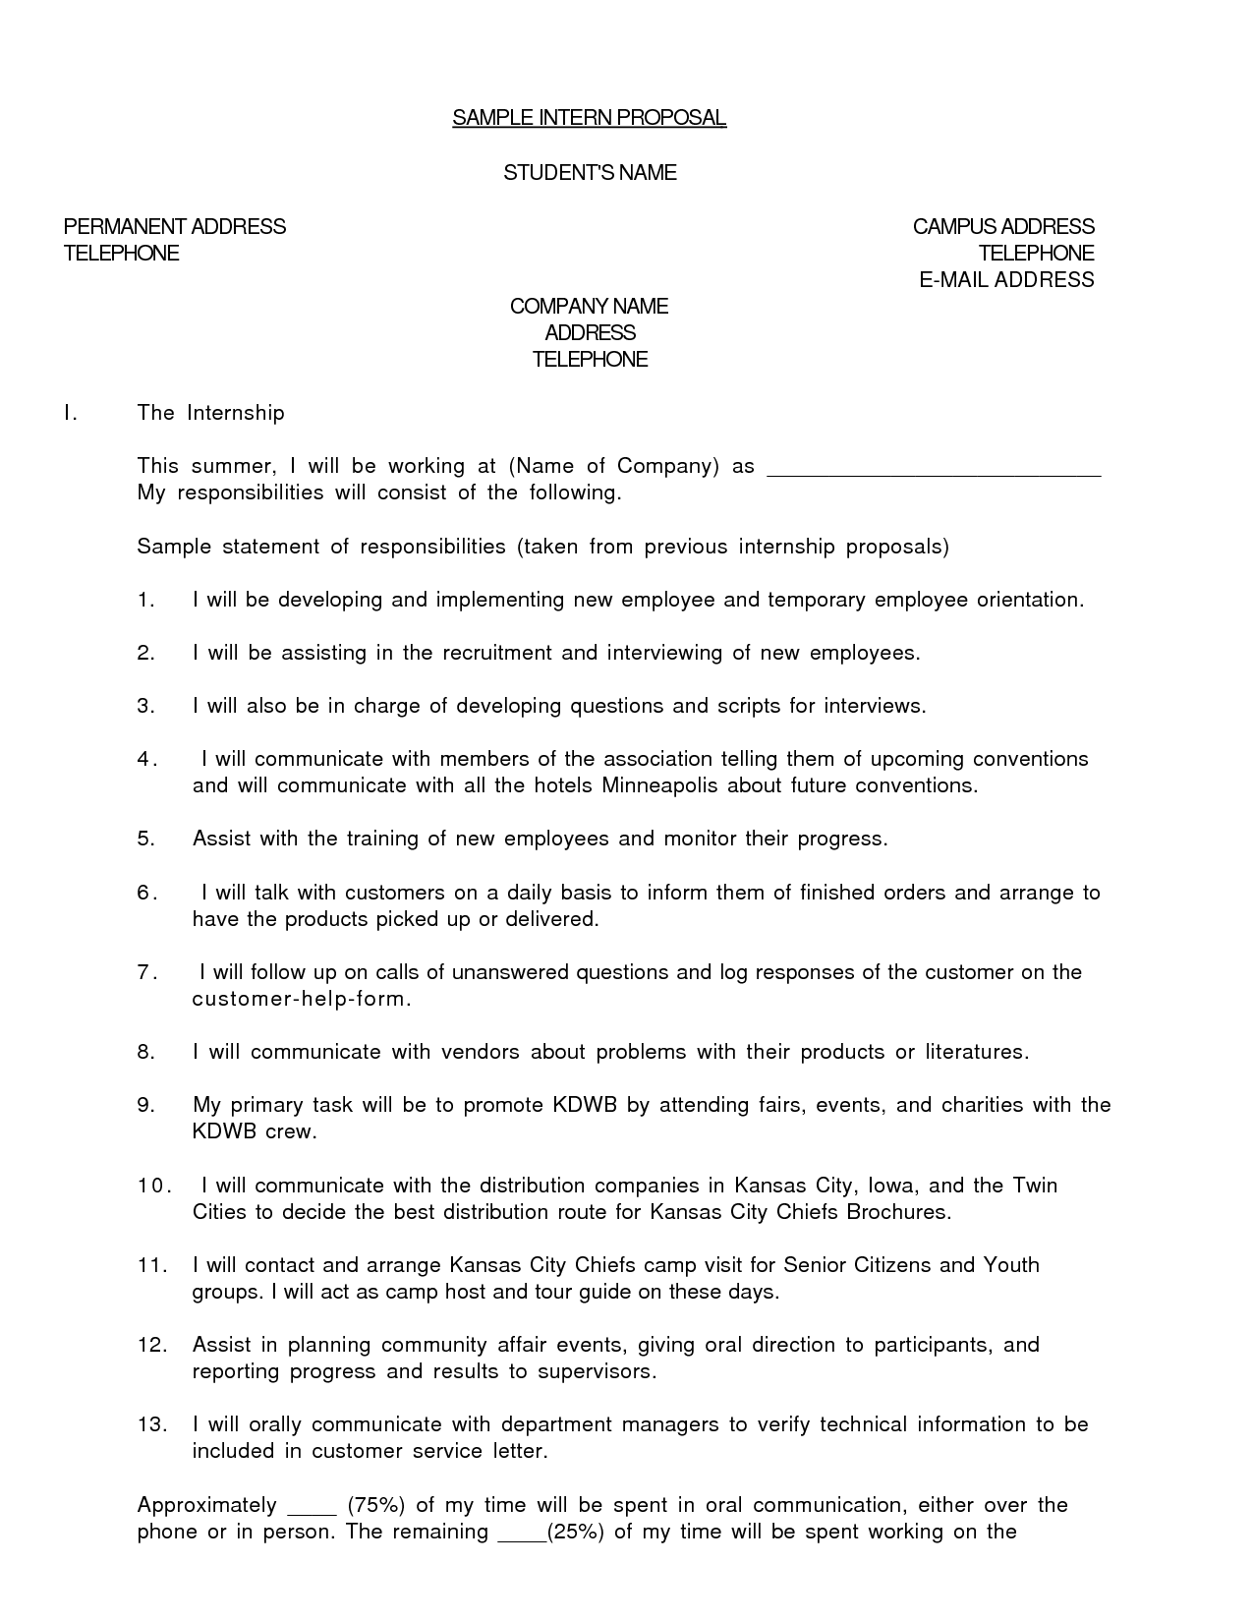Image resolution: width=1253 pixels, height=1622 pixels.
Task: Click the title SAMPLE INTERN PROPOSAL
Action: click(x=589, y=119)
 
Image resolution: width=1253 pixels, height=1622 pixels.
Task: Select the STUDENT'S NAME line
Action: click(x=590, y=173)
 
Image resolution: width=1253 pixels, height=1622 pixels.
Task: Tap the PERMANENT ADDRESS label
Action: click(x=175, y=227)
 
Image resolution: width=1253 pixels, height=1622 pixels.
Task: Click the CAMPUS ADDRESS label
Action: click(x=1003, y=227)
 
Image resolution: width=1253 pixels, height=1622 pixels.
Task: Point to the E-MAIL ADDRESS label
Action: click(x=1006, y=280)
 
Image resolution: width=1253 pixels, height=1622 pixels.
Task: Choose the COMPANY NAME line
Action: click(x=589, y=307)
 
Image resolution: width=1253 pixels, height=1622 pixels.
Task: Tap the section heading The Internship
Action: click(x=211, y=413)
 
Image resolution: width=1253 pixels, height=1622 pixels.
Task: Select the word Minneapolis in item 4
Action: click(x=660, y=785)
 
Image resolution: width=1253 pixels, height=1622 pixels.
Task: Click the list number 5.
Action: click(x=146, y=839)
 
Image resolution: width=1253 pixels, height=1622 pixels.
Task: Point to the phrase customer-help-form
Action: click(x=299, y=999)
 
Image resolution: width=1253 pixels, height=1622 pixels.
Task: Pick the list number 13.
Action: click(x=152, y=1424)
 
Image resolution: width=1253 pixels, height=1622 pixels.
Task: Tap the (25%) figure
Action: click(x=573, y=1532)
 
